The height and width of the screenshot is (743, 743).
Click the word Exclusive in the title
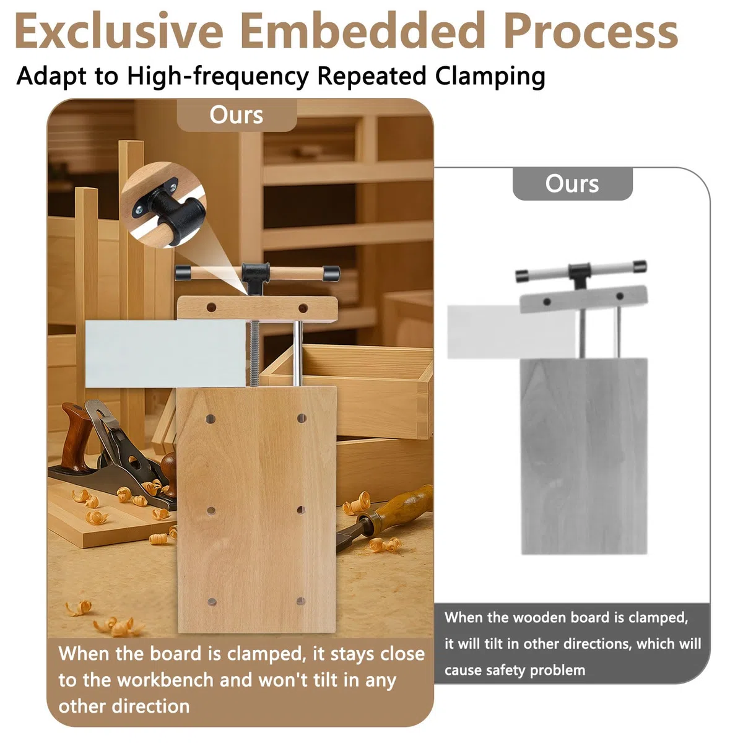coord(119,31)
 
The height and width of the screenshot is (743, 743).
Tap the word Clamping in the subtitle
coord(490,76)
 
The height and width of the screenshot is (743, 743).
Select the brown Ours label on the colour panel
coord(237,115)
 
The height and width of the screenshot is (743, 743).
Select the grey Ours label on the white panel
coord(572,183)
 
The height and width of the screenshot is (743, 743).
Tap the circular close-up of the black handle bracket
coord(163,205)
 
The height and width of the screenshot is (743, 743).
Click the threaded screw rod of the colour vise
coord(254,354)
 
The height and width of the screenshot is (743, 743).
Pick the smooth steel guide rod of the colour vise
coord(297,354)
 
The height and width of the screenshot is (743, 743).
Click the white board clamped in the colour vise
coord(165,354)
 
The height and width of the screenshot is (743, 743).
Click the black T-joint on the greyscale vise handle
coord(579,274)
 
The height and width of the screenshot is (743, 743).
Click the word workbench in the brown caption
coord(165,680)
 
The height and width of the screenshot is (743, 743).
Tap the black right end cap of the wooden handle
coord(331,274)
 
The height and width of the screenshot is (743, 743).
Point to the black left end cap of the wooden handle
coord(183,272)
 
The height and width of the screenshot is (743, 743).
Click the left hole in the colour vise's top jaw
coord(211,307)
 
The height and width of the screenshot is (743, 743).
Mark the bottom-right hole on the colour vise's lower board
coord(301,601)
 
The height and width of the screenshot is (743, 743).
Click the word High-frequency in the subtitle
coord(218,76)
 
